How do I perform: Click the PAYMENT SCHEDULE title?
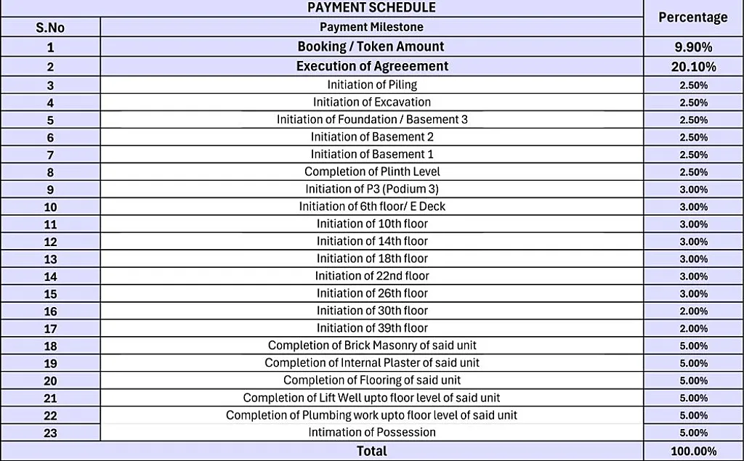tap(371, 8)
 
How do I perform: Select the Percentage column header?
tap(692, 17)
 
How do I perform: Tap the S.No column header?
tap(50, 28)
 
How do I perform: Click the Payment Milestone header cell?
tap(371, 27)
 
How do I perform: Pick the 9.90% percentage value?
tap(693, 47)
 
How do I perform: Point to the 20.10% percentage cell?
tap(693, 67)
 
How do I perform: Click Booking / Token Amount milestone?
tap(371, 46)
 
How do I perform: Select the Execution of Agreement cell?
tap(371, 66)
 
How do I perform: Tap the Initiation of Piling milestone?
tap(371, 85)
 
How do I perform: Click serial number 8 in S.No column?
tap(50, 172)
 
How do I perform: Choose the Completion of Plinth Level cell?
tap(371, 171)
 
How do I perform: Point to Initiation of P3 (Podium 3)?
tap(371, 189)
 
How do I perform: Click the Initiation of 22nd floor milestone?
tap(371, 276)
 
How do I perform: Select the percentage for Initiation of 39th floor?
tap(693, 329)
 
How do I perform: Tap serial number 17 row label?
tap(50, 329)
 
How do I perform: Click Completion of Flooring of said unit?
tap(371, 380)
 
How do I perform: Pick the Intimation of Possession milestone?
tap(371, 433)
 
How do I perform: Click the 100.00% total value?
tap(693, 452)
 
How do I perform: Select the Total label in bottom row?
tap(371, 451)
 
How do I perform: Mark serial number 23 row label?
tap(50, 433)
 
